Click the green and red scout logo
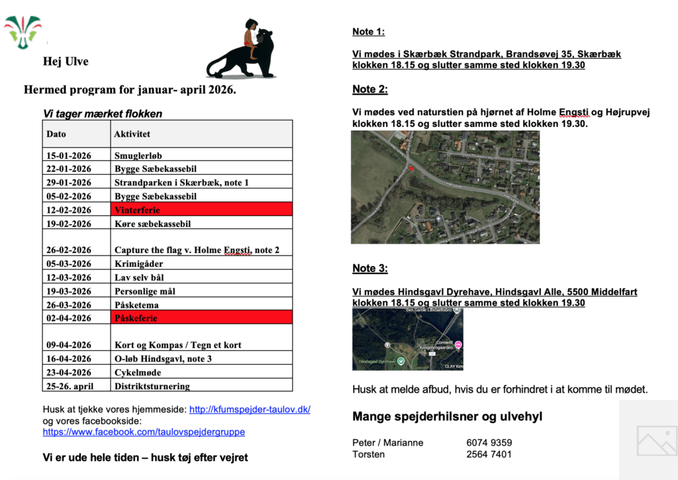pyautogui.click(x=23, y=30)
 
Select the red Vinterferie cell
pyautogui.click(x=202, y=209)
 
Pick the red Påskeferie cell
pyautogui.click(x=202, y=318)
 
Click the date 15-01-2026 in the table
pyautogui.click(x=69, y=156)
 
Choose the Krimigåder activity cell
pyautogui.click(x=138, y=264)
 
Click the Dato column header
pyautogui.click(x=56, y=134)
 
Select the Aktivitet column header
pyautogui.click(x=132, y=134)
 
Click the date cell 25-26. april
pyautogui.click(x=70, y=386)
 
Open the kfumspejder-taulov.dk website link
pyautogui.click(x=250, y=409)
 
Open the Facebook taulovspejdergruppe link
pyautogui.click(x=144, y=432)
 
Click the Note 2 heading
pyautogui.click(x=369, y=89)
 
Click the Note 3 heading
pyautogui.click(x=369, y=268)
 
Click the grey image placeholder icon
pyautogui.click(x=656, y=440)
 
